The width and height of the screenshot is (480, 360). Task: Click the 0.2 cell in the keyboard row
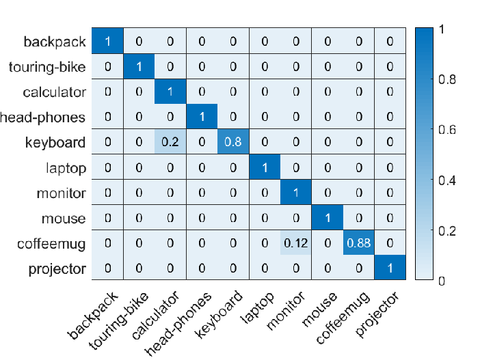[x=170, y=141]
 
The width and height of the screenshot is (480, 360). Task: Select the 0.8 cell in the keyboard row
[x=233, y=141]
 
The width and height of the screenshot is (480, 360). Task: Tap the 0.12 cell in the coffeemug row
[x=295, y=243]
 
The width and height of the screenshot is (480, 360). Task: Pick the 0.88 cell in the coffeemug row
[x=358, y=243]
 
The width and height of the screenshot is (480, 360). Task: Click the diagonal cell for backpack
[x=107, y=41]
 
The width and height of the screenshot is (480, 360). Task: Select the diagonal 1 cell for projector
[x=390, y=267]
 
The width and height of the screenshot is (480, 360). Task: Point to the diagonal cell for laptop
[x=265, y=167]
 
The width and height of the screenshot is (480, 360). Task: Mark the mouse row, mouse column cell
[x=328, y=217]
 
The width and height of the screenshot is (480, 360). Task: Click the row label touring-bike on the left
[x=47, y=67]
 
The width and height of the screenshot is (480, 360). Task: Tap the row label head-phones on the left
[x=42, y=117]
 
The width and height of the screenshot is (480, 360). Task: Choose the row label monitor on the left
[x=62, y=193]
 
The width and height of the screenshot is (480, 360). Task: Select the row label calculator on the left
[x=55, y=92]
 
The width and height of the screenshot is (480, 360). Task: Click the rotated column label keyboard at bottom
[x=219, y=314]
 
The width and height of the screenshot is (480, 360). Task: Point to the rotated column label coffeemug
[x=343, y=318]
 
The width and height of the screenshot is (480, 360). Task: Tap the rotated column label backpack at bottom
[x=92, y=316]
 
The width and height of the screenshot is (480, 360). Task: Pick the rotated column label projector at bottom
[x=377, y=314]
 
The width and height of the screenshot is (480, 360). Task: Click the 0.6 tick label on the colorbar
[x=447, y=130]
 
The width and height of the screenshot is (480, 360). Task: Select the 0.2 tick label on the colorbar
[x=447, y=231]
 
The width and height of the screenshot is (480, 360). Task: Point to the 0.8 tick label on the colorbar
[x=447, y=79]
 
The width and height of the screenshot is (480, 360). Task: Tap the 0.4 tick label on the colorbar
[x=447, y=180]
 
